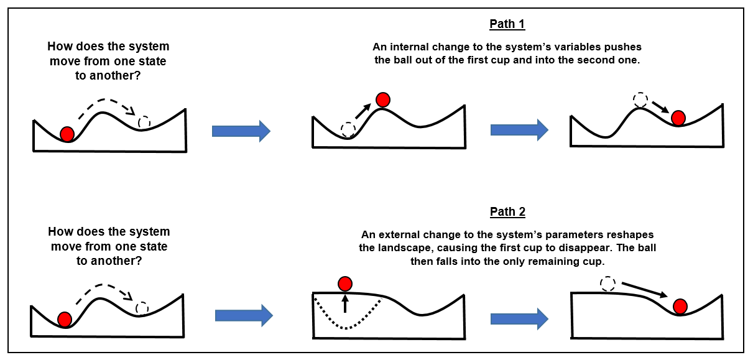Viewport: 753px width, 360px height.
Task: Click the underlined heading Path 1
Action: [507, 24]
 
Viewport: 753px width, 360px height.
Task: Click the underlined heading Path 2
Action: [507, 212]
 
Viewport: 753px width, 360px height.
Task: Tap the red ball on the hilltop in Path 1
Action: [383, 99]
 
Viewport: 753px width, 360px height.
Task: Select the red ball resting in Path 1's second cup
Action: [678, 118]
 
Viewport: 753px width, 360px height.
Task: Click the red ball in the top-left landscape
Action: [67, 133]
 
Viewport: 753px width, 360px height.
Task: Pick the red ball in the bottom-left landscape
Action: [65, 320]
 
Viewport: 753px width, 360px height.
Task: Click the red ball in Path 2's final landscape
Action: [680, 306]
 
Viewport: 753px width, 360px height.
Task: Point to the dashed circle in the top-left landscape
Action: [144, 122]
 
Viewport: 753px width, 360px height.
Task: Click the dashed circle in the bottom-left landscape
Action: [142, 308]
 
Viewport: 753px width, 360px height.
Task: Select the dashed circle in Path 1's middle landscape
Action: [348, 129]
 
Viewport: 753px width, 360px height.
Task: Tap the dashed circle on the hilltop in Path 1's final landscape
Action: [640, 99]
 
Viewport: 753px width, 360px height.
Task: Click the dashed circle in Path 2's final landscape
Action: [608, 284]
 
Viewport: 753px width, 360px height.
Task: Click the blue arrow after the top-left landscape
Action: [241, 131]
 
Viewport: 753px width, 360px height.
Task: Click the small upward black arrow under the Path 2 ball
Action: [345, 303]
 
